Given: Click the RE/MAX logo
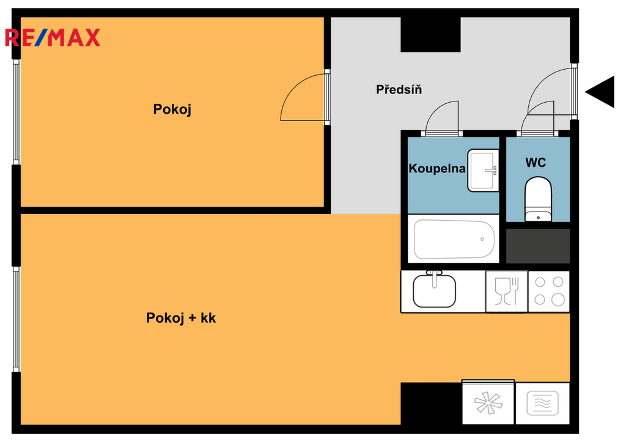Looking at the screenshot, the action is [x=53, y=37].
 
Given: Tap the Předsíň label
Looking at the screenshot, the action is [x=399, y=89].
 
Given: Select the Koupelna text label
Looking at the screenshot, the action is [x=436, y=169].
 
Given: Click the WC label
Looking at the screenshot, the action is [x=536, y=163].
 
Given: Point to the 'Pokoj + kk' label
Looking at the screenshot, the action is [x=181, y=318].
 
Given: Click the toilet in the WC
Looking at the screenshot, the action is [x=538, y=199].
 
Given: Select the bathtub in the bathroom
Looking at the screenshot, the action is [x=454, y=239].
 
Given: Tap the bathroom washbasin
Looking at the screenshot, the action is [x=483, y=171].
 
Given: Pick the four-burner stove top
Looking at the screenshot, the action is [x=549, y=291].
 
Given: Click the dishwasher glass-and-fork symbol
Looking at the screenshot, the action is [x=507, y=291].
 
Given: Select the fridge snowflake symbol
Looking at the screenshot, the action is [x=488, y=402].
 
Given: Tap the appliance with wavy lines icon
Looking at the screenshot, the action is [x=543, y=403].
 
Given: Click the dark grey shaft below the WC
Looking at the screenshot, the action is [x=538, y=246].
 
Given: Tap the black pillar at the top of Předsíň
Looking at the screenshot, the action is [x=430, y=34].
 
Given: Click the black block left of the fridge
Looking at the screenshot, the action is [x=431, y=403].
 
